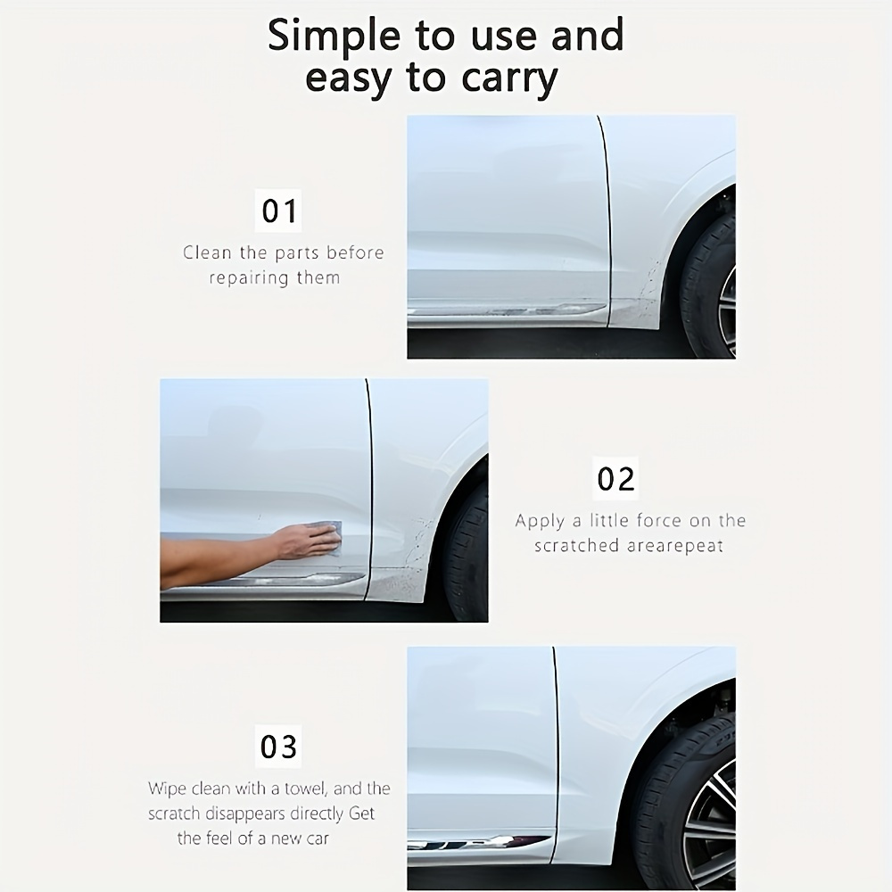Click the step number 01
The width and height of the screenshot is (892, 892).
coord(279,211)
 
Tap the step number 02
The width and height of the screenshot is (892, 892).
coord(615,479)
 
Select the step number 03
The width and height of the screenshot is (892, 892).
coord(279,747)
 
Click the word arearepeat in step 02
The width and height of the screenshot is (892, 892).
coord(673,545)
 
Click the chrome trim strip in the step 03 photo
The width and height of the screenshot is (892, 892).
coord(473,840)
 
